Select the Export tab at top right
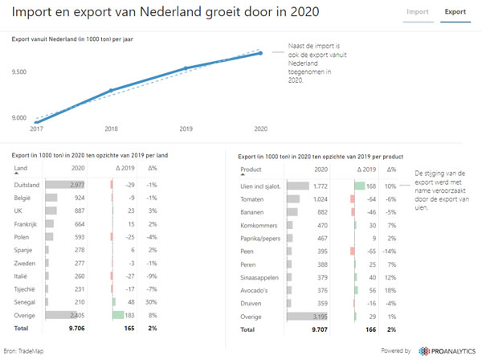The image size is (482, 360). click(455, 13)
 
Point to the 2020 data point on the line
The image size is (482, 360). click(260, 53)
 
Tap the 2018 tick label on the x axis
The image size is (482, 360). click(111, 128)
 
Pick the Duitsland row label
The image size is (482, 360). click(28, 185)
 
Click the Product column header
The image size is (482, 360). click(251, 170)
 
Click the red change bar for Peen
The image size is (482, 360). click(351, 252)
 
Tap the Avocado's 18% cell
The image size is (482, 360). click(391, 290)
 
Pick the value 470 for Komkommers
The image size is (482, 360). click(320, 225)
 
